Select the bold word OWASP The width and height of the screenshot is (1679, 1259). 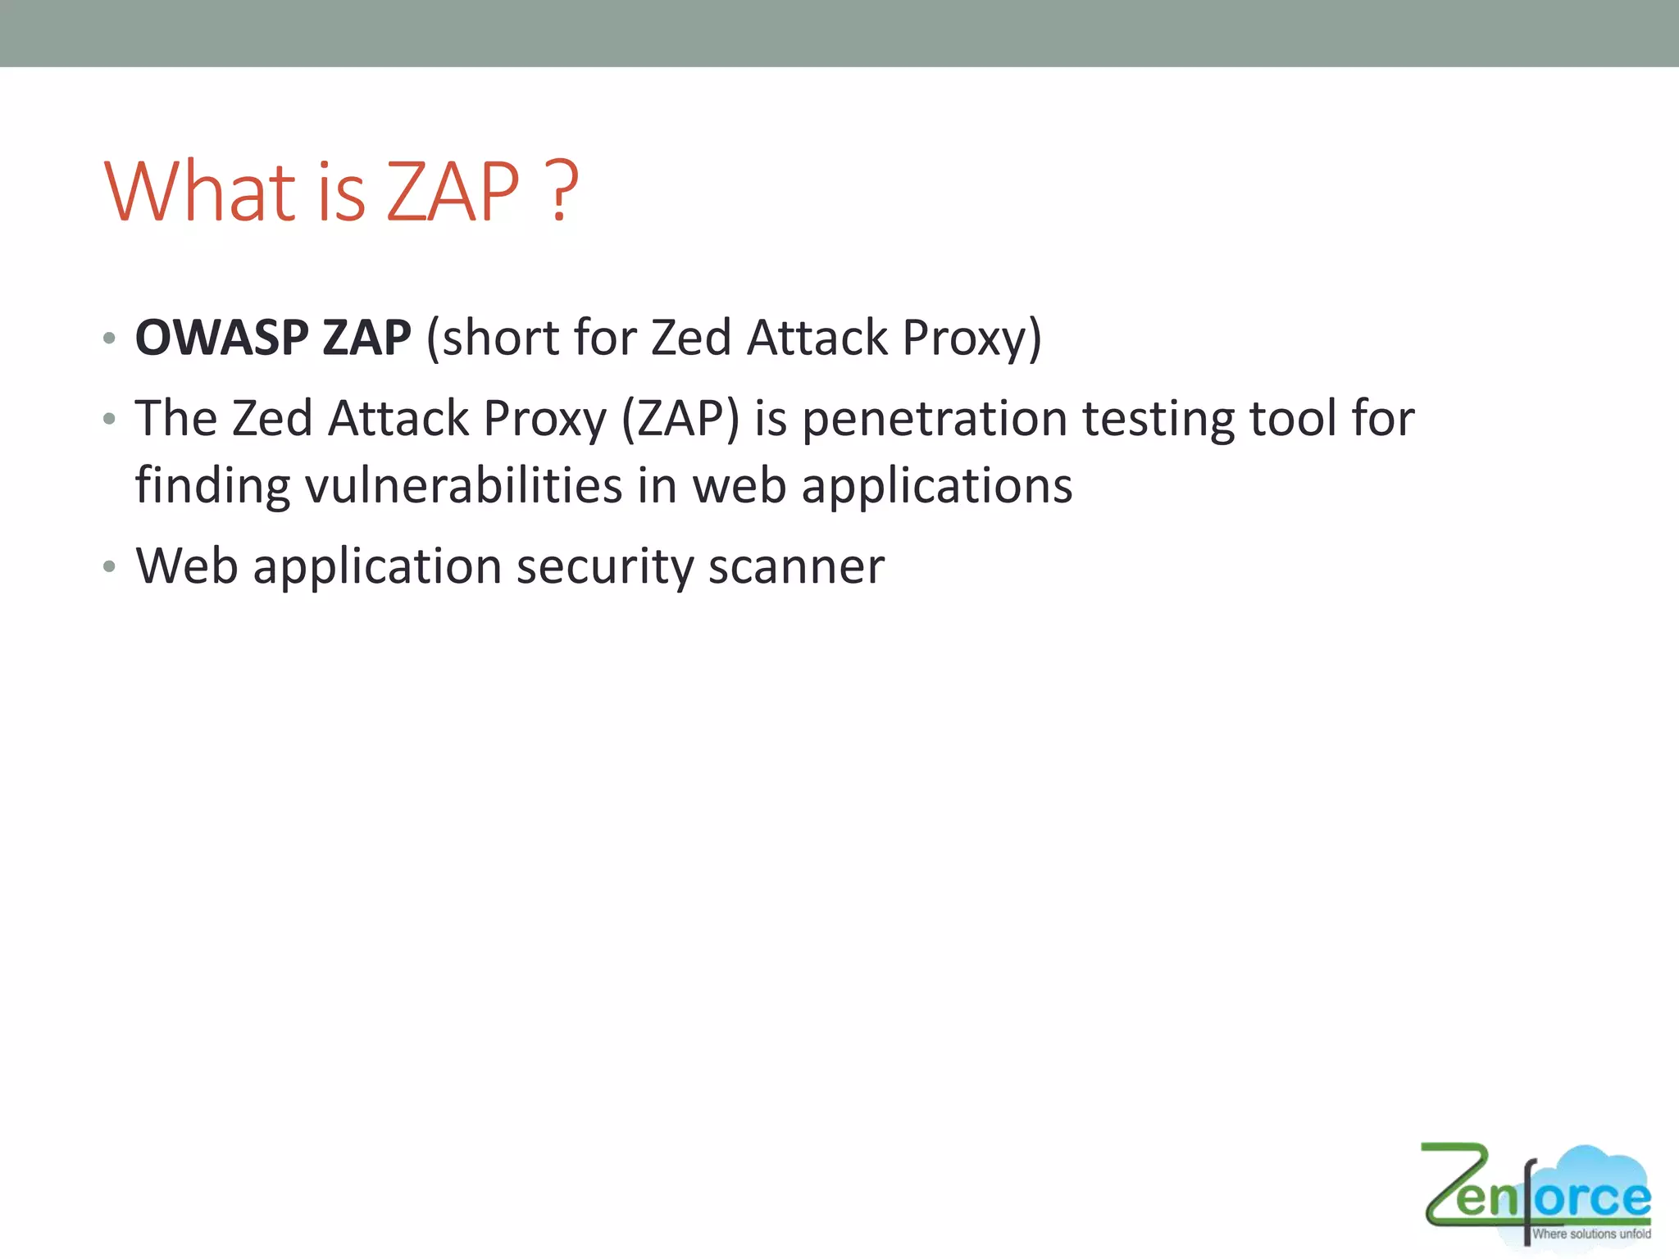(x=222, y=337)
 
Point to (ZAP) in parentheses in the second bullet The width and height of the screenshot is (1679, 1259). (x=680, y=419)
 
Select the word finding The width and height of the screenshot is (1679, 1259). (x=212, y=485)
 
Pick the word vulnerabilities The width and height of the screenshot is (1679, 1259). (x=464, y=485)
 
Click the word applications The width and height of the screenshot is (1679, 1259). (x=936, y=485)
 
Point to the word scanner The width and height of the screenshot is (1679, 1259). (x=796, y=566)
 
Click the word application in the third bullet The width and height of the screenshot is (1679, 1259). (x=377, y=566)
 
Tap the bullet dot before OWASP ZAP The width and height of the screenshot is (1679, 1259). (x=109, y=338)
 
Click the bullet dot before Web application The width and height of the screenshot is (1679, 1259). (x=109, y=566)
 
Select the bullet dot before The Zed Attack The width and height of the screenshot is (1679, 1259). (x=109, y=420)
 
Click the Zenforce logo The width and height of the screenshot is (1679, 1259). (x=1536, y=1193)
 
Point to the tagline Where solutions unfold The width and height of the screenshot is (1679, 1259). (x=1591, y=1234)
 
